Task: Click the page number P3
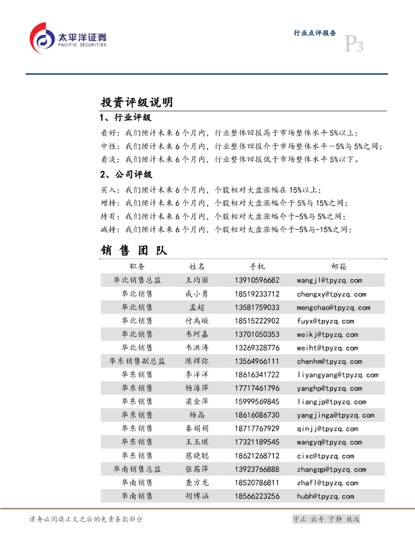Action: [x=353, y=45]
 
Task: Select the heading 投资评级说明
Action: [x=137, y=102]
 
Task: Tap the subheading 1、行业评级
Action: [x=125, y=118]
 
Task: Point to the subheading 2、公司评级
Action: [x=125, y=174]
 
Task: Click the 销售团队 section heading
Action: [x=134, y=251]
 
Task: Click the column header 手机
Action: [x=257, y=267]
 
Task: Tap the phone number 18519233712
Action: [x=257, y=294]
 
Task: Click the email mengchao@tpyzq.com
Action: [x=333, y=308]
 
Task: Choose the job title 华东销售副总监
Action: [x=137, y=361]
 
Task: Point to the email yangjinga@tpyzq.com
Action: [x=335, y=416]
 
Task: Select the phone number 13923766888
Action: [x=257, y=470]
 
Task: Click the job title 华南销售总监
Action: [x=137, y=470]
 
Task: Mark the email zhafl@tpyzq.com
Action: [x=327, y=483]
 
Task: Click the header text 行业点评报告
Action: [x=315, y=33]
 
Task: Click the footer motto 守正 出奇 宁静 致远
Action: [x=326, y=519]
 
